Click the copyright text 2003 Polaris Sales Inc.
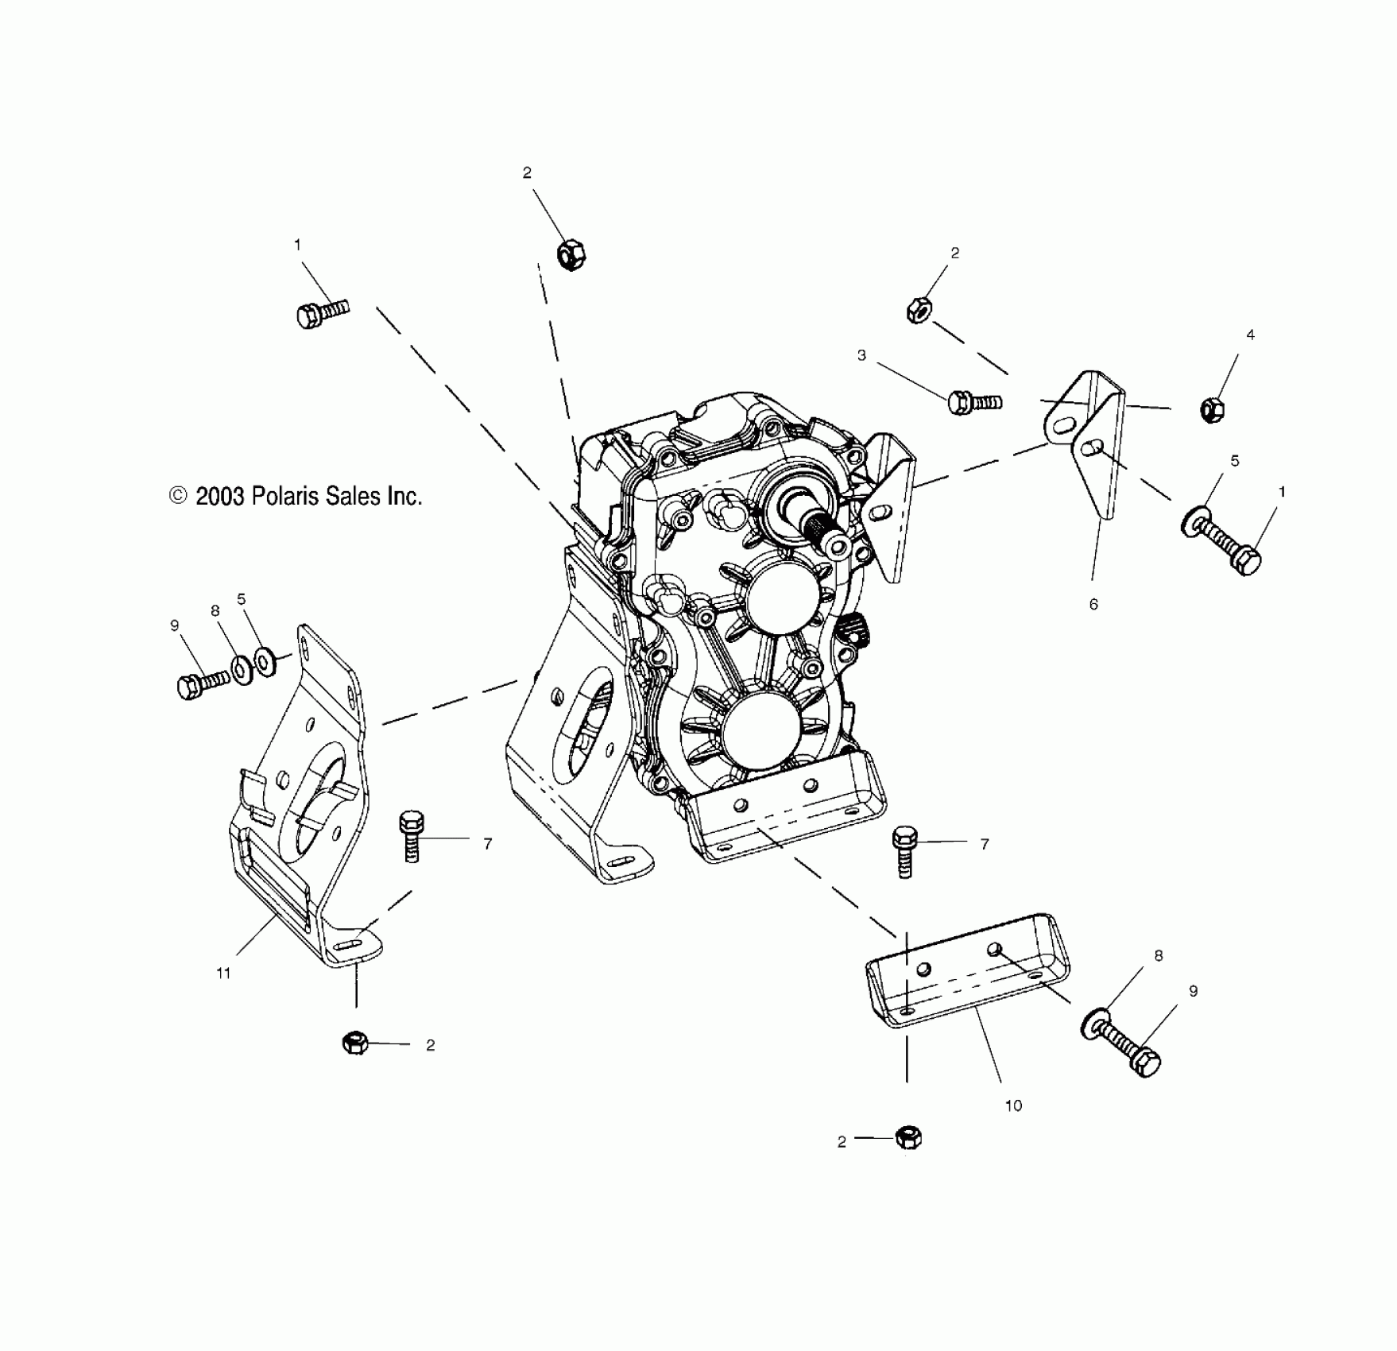pyautogui.click(x=296, y=497)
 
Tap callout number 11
pyautogui.click(x=223, y=973)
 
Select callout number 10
pyautogui.click(x=1013, y=1105)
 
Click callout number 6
pyautogui.click(x=1093, y=604)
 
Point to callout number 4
pyautogui.click(x=1250, y=335)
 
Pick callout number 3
pyautogui.click(x=861, y=355)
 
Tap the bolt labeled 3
pyautogui.click(x=973, y=402)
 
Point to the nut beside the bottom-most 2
pyautogui.click(x=907, y=1137)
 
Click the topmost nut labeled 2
pyautogui.click(x=571, y=254)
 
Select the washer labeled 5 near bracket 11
pyautogui.click(x=265, y=660)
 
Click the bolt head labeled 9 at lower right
pyautogui.click(x=1144, y=1062)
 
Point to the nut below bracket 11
pyautogui.click(x=354, y=1042)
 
